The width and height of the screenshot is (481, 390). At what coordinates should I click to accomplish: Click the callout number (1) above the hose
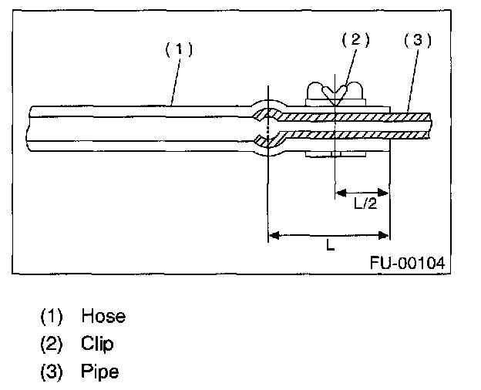coord(179,49)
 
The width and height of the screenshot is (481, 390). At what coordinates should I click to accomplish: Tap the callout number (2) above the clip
coord(355,41)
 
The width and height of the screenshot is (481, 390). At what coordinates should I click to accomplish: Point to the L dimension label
coord(329,247)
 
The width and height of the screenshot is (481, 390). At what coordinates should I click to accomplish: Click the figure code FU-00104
coord(406,262)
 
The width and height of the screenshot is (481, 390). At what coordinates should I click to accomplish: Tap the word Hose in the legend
coord(103,316)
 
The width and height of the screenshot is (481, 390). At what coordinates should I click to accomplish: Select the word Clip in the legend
coord(96,344)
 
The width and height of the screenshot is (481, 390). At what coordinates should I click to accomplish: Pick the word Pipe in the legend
coord(99,372)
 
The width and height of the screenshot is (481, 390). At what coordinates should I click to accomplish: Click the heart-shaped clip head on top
coord(337,94)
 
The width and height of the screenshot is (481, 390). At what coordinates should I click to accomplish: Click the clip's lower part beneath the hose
coord(337,156)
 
